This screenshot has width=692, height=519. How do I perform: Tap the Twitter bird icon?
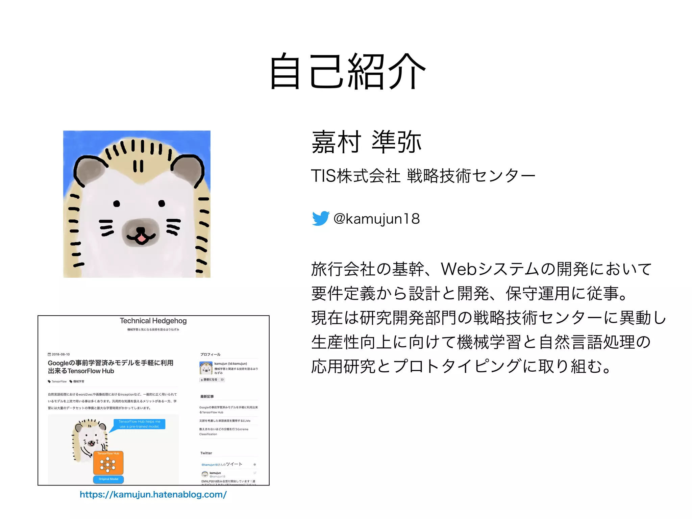(x=320, y=218)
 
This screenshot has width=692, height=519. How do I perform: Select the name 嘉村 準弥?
(x=366, y=142)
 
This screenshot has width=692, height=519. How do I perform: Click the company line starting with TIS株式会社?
(x=423, y=176)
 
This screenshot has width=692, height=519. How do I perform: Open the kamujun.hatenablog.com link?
(x=153, y=495)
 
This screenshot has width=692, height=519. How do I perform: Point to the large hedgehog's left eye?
(x=117, y=203)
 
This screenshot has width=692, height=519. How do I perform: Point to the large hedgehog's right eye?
(x=162, y=203)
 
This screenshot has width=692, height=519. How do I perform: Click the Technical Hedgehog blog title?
(x=153, y=321)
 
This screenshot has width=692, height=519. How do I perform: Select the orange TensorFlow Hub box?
(x=108, y=463)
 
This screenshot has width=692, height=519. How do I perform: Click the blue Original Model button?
(x=108, y=479)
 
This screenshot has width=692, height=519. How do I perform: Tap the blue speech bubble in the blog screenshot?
(x=139, y=424)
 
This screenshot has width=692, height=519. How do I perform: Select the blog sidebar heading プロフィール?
(x=210, y=354)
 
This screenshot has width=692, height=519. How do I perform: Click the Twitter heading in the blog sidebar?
(x=206, y=453)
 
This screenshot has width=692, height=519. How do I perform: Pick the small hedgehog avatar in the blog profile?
(x=206, y=368)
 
